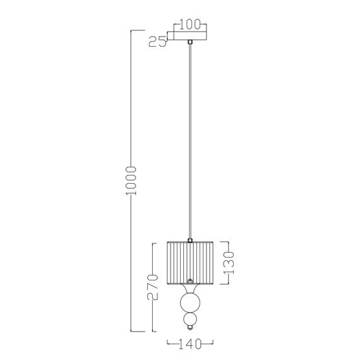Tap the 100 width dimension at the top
click(x=190, y=25)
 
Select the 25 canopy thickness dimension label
click(x=157, y=42)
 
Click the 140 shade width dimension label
click(x=189, y=344)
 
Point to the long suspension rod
click(x=190, y=139)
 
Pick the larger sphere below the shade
click(x=189, y=302)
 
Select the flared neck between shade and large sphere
click(x=189, y=289)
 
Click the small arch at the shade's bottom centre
click(x=190, y=280)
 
